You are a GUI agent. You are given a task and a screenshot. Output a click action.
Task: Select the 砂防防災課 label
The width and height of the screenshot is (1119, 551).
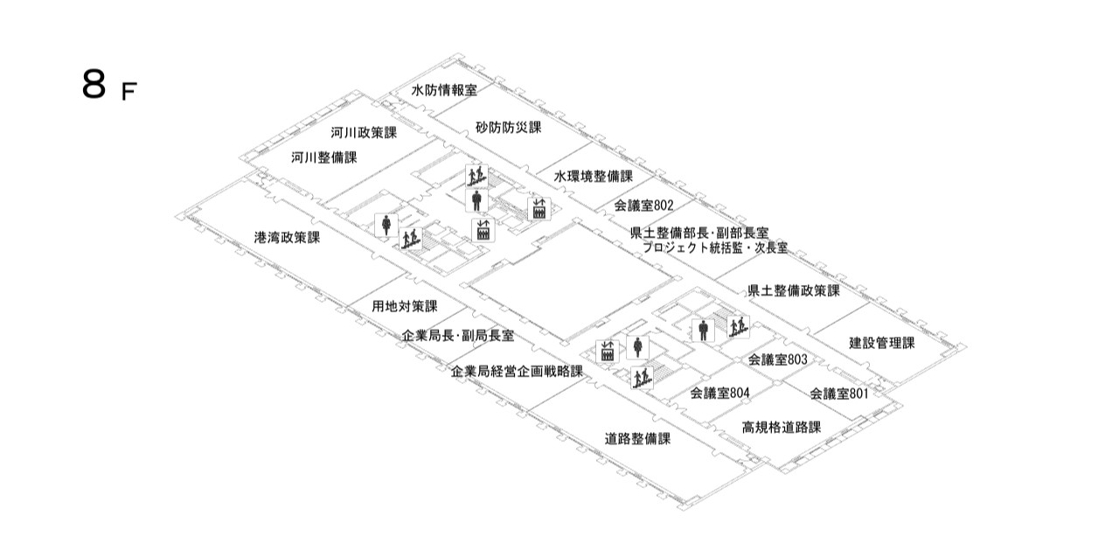(x=509, y=128)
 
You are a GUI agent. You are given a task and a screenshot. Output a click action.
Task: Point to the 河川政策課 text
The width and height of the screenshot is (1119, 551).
(x=364, y=133)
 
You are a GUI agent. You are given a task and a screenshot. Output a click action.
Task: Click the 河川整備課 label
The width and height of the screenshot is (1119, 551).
(x=324, y=157)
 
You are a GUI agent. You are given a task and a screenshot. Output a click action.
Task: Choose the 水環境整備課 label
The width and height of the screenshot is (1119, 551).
(x=593, y=176)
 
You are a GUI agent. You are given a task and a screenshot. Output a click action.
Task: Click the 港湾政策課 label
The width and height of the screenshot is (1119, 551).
(x=287, y=237)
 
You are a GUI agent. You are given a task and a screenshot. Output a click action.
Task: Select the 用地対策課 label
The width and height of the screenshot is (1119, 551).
(x=405, y=306)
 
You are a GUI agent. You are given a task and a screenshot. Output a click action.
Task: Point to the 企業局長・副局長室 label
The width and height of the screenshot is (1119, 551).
(x=457, y=336)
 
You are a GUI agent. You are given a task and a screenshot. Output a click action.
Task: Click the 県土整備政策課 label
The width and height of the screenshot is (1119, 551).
(x=793, y=290)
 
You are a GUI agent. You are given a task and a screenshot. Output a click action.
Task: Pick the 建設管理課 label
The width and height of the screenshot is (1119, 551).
(x=881, y=343)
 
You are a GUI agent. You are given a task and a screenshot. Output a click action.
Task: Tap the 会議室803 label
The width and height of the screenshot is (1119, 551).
(x=777, y=359)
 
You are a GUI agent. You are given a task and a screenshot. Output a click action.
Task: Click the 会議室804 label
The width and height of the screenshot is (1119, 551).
(x=719, y=393)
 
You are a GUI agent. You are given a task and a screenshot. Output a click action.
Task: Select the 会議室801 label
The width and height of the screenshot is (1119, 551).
(x=838, y=394)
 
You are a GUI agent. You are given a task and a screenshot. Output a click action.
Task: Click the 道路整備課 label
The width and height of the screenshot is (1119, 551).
(x=638, y=438)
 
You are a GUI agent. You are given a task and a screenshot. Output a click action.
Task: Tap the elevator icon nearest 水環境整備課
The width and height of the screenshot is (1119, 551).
(x=538, y=208)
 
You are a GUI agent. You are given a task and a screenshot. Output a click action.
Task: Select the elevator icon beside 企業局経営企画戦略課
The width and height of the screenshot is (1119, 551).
(x=607, y=352)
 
